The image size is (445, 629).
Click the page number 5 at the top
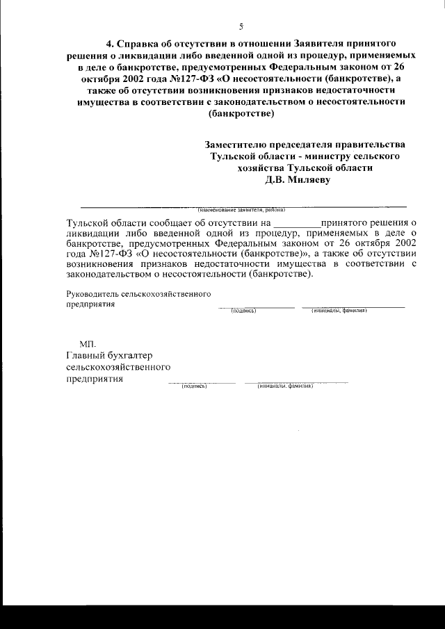pyautogui.click(x=241, y=27)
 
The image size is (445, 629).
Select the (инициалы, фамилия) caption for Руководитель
pyautogui.click(x=339, y=310)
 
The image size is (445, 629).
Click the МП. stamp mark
pyautogui.click(x=88, y=344)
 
